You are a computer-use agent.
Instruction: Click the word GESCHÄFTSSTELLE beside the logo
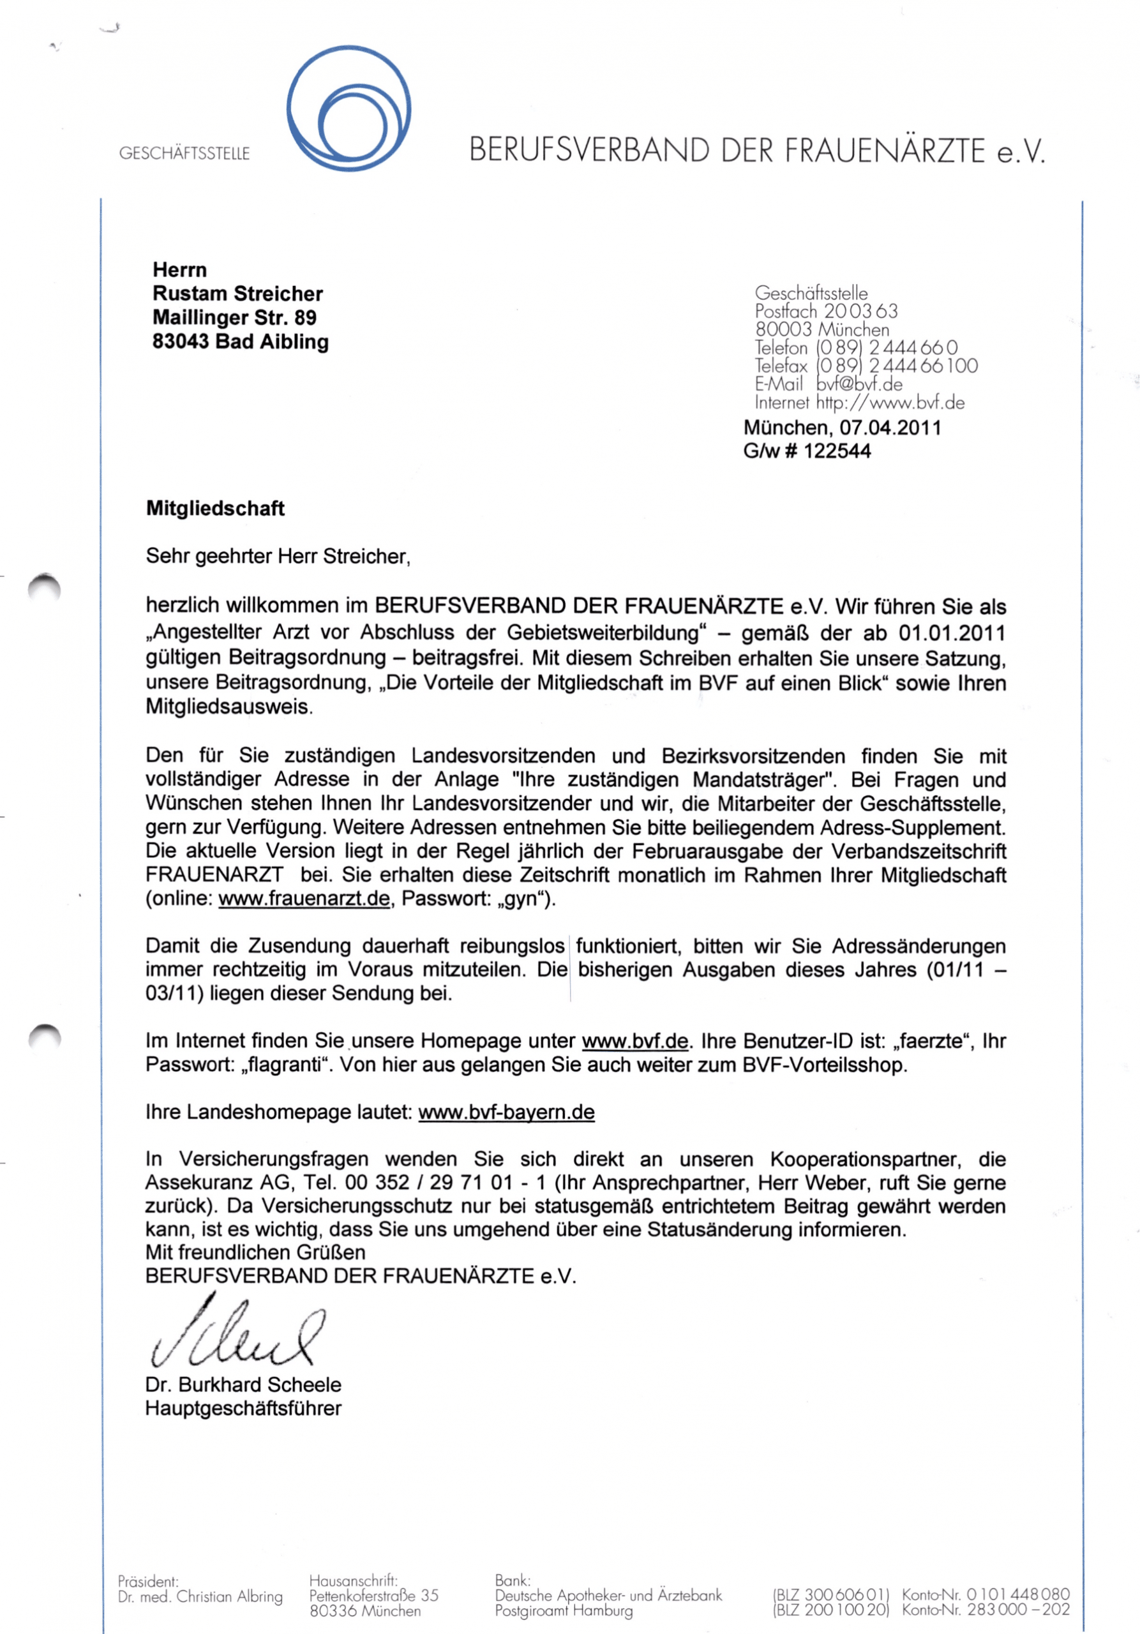(x=184, y=154)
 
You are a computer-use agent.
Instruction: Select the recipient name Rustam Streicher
(x=237, y=294)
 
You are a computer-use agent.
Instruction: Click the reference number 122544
(x=837, y=451)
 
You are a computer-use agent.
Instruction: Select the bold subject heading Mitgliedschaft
(x=215, y=508)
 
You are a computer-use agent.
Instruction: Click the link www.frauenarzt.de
(x=304, y=899)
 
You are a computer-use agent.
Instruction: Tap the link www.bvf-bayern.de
(x=506, y=1113)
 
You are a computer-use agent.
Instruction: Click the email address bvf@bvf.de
(x=859, y=385)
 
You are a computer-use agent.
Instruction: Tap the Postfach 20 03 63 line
(x=826, y=311)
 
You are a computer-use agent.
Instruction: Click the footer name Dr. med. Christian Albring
(x=200, y=1596)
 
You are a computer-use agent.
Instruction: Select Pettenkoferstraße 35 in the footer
(x=373, y=1596)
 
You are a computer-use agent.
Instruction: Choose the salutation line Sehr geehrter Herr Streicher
(x=278, y=556)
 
